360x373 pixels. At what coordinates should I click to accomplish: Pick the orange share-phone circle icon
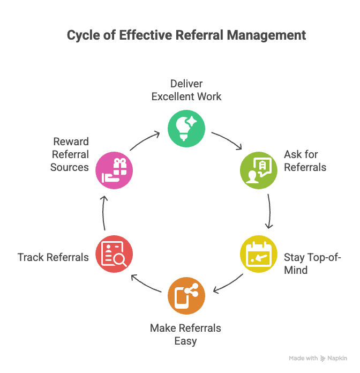click(x=186, y=295)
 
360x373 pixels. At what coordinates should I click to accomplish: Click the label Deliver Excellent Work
click(x=186, y=90)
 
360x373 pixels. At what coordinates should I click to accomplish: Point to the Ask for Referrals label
click(x=305, y=160)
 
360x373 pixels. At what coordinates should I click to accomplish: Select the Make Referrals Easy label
click(x=185, y=334)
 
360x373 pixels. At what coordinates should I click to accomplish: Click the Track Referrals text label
click(x=52, y=257)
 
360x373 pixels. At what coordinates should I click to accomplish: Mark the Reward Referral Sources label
click(x=70, y=154)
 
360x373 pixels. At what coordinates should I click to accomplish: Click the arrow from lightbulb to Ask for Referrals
click(x=227, y=141)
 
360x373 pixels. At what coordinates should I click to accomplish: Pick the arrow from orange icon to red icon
click(x=146, y=284)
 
